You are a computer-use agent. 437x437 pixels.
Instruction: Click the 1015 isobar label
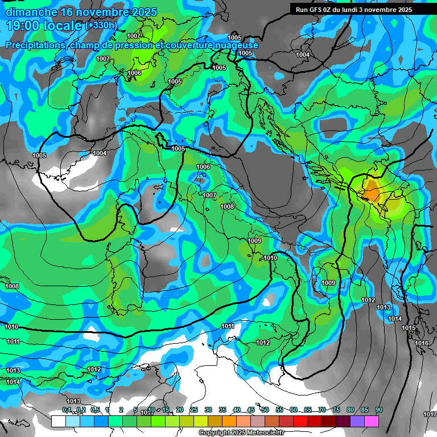[x=409, y=328]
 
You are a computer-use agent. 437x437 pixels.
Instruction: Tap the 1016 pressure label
[x=422, y=343]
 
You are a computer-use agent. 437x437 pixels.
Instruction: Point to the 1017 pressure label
[x=430, y=414]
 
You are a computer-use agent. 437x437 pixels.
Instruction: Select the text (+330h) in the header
[x=102, y=25]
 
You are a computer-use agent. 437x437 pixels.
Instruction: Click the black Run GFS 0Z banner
[x=358, y=9]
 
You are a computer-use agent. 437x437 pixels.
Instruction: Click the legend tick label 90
[x=378, y=410]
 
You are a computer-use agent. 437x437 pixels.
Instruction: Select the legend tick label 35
[x=222, y=410]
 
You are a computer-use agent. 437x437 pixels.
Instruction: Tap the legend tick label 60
[x=294, y=410]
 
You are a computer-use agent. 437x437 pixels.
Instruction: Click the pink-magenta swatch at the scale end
[x=372, y=421]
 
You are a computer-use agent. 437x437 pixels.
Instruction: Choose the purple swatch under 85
[x=357, y=421]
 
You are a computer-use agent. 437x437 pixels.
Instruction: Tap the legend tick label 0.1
[x=67, y=410]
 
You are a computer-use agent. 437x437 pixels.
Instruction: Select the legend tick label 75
[x=336, y=410]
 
